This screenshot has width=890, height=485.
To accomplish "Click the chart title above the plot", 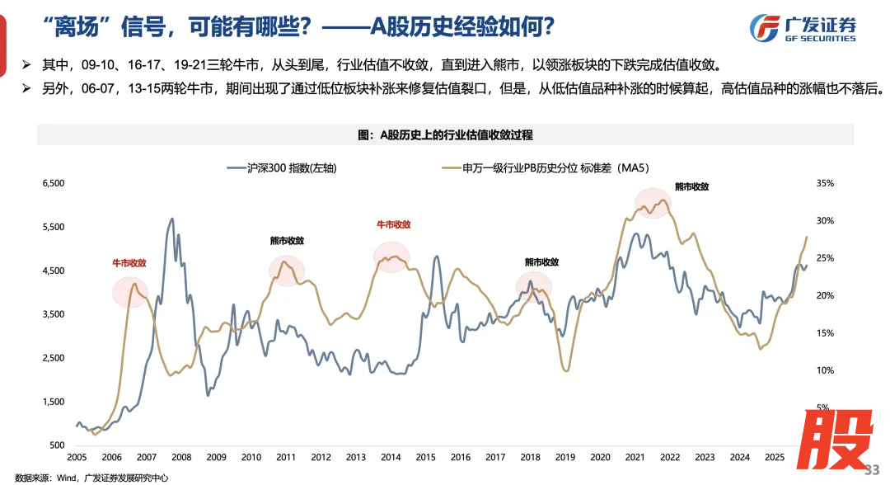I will [446, 134].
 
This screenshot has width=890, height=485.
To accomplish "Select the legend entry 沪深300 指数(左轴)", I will [283, 167].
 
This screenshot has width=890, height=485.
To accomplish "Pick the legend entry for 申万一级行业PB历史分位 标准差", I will [545, 167].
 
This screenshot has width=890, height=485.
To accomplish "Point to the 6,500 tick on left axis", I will [54, 183].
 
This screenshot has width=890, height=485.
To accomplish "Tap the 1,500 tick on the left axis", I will [54, 402].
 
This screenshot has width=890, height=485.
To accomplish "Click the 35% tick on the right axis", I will [825, 183].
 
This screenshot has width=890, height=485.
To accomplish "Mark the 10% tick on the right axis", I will [825, 370].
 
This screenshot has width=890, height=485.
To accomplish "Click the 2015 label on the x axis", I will [425, 457].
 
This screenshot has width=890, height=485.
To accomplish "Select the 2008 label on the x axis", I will [181, 457].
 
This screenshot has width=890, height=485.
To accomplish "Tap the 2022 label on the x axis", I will [669, 457].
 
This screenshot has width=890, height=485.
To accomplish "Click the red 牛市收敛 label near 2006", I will [129, 263].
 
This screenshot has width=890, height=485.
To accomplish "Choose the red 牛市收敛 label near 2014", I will [393, 224].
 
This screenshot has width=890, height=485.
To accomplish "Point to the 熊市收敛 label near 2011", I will [287, 241].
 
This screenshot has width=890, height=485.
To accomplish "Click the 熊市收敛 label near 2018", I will [541, 262].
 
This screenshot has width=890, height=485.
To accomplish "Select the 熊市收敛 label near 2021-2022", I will [691, 186].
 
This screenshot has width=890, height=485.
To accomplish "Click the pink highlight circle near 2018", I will [533, 286].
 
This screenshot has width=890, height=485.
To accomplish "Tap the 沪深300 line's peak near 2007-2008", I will [171, 219].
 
